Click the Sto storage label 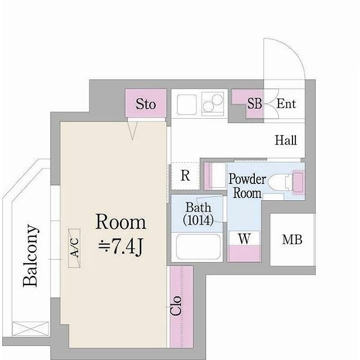pyautogui.click(x=146, y=104)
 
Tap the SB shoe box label pyautogui.click(x=255, y=103)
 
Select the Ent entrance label pyautogui.click(x=286, y=103)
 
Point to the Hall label pyautogui.click(x=286, y=140)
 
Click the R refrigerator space pyautogui.click(x=185, y=176)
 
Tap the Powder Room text pyautogui.click(x=247, y=186)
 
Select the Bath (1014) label pyautogui.click(x=199, y=214)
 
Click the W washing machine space pyautogui.click(x=244, y=238)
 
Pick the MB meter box pyautogui.click(x=292, y=240)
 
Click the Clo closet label pyautogui.click(x=176, y=305)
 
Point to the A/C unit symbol pyautogui.click(x=74, y=248)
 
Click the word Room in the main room pyautogui.click(x=121, y=222)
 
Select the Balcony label pyautogui.click(x=30, y=255)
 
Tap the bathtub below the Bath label pyautogui.click(x=198, y=247)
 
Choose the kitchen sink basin pyautogui.click(x=187, y=105)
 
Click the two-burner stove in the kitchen pyautogui.click(x=213, y=103)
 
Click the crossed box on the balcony pyautogui.click(x=30, y=328)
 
